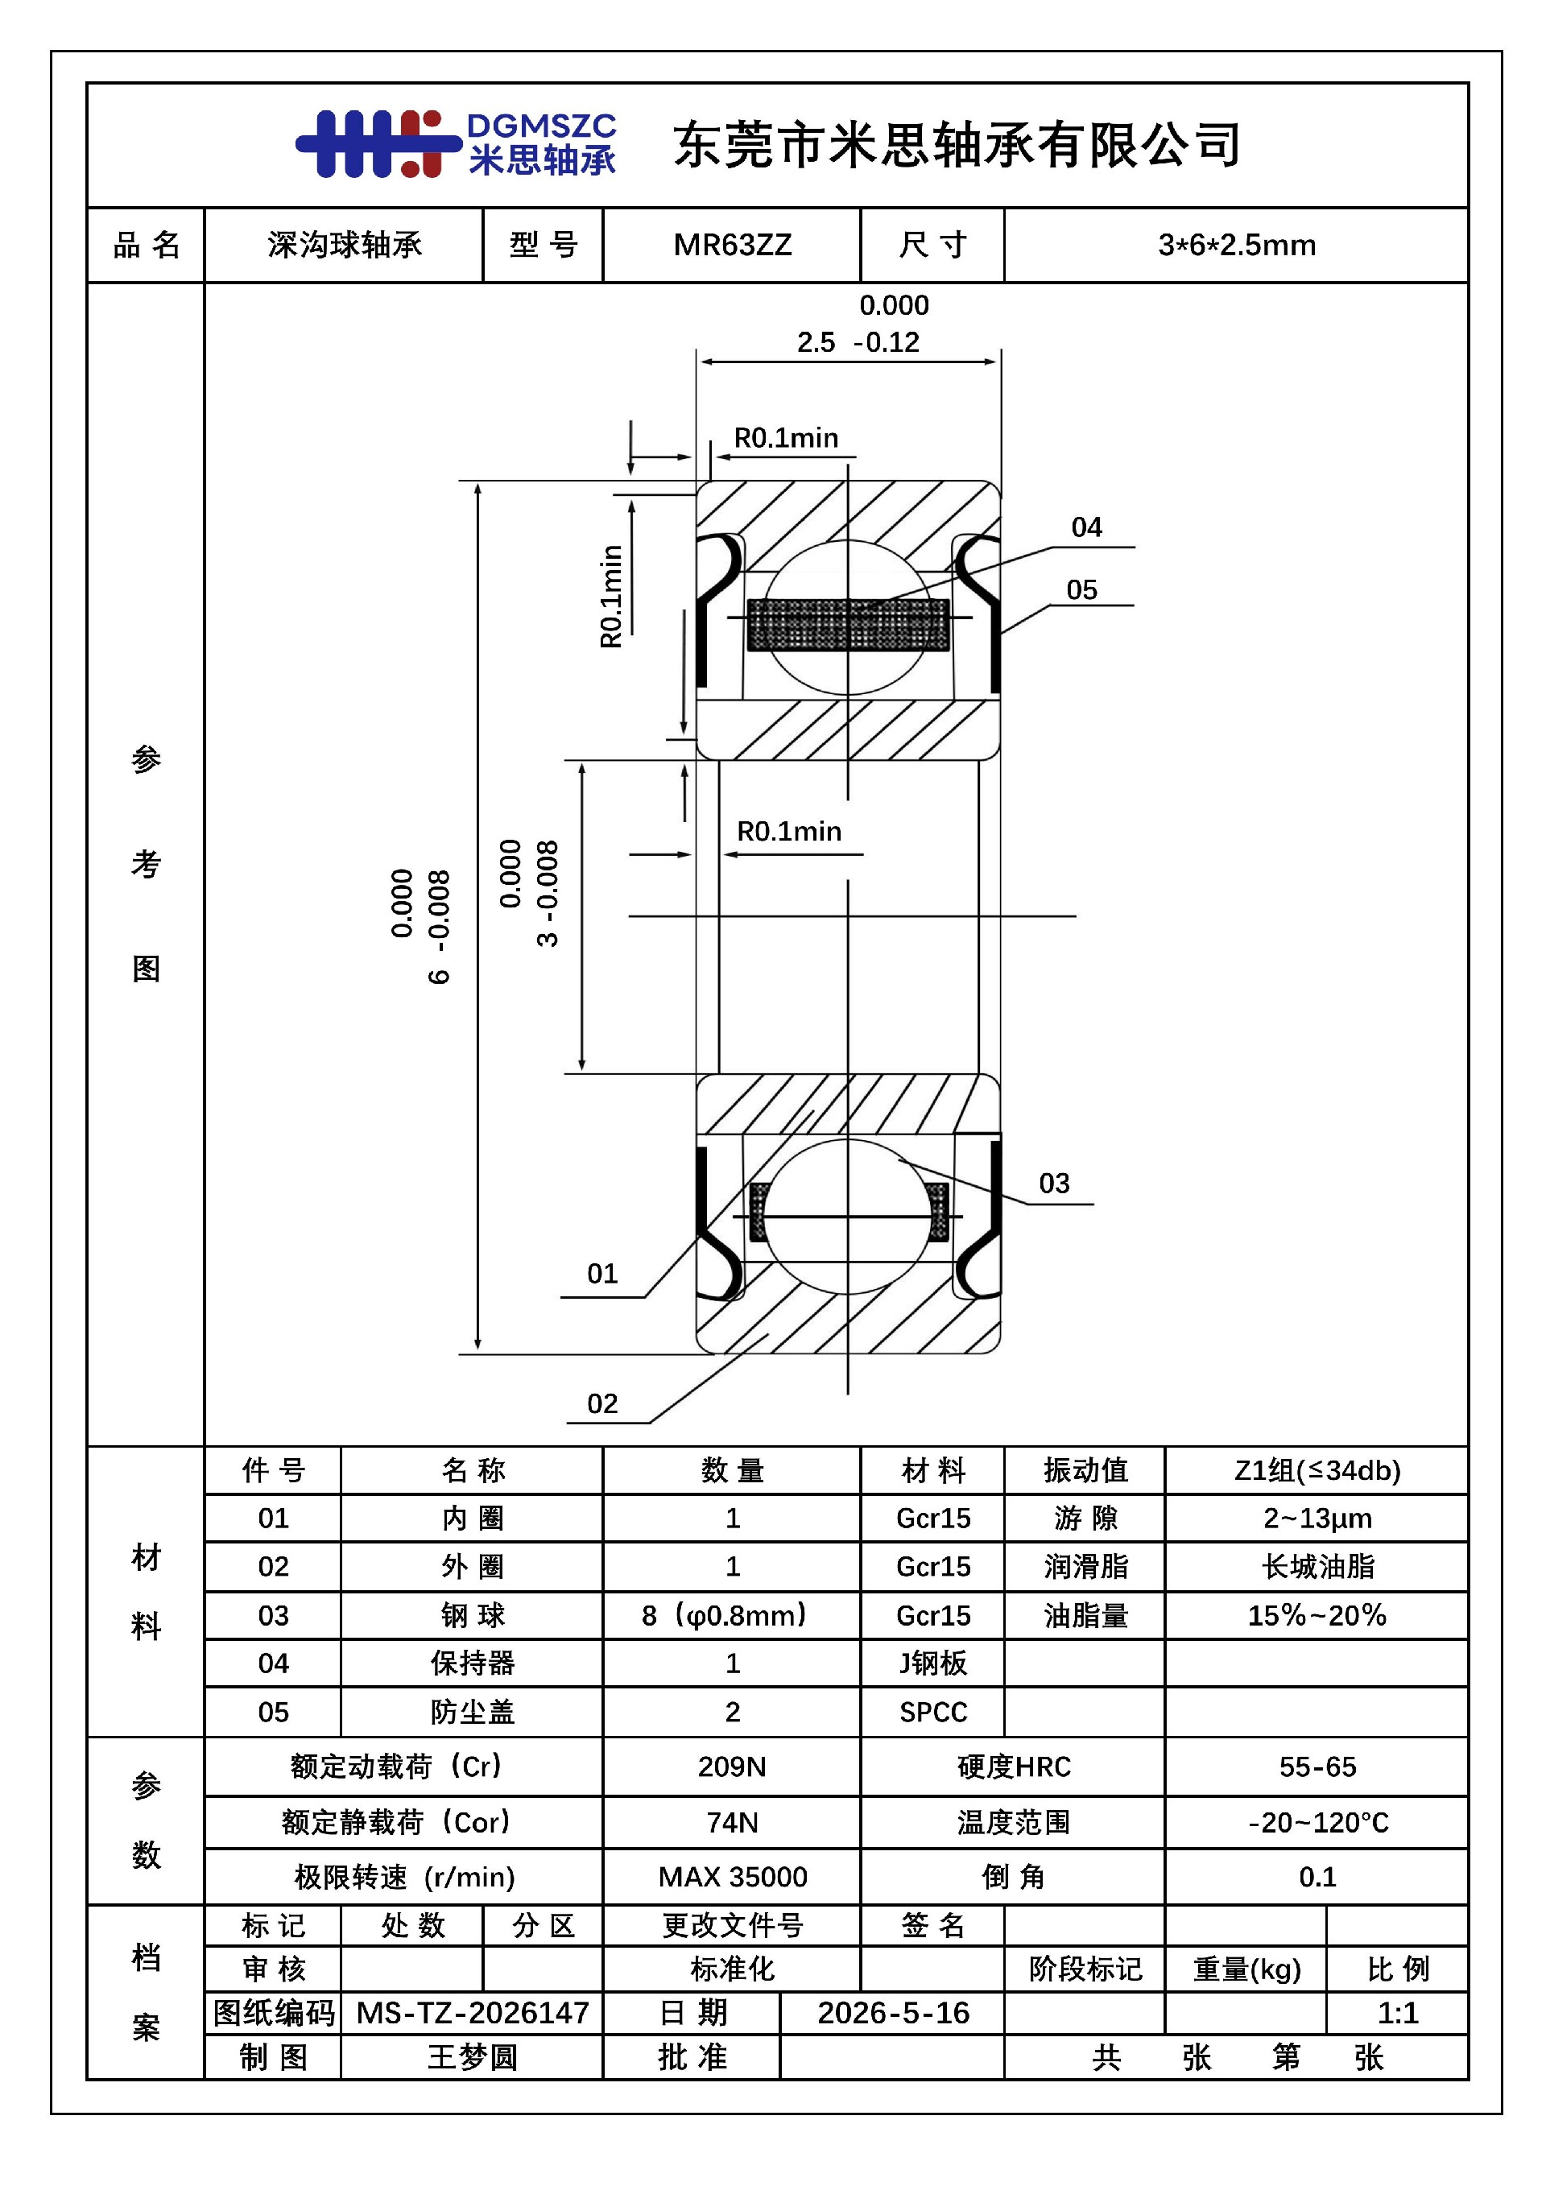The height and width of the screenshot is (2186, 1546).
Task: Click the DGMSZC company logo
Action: pyautogui.click(x=456, y=144)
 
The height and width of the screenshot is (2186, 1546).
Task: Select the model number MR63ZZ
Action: pyautogui.click(x=732, y=246)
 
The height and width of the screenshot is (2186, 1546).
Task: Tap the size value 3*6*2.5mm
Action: pyautogui.click(x=1237, y=246)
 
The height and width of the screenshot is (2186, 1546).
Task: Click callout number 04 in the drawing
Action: pyautogui.click(x=1086, y=527)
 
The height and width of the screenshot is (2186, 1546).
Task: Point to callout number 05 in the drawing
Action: pyautogui.click(x=1081, y=590)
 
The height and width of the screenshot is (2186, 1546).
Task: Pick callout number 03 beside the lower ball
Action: pyautogui.click(x=1054, y=1184)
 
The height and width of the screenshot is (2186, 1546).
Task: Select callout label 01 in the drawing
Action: pyautogui.click(x=601, y=1274)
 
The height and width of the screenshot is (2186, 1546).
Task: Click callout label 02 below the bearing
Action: pyautogui.click(x=601, y=1403)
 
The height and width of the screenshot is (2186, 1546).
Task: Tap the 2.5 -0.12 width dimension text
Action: pyautogui.click(x=858, y=342)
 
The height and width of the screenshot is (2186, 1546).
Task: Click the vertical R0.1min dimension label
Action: pyautogui.click(x=611, y=597)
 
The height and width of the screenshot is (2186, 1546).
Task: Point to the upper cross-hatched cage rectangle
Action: pyautogui.click(x=848, y=625)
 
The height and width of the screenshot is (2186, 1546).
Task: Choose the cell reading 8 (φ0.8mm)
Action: pyautogui.click(x=725, y=1616)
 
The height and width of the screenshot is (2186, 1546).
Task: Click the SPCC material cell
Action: pyautogui.click(x=933, y=1713)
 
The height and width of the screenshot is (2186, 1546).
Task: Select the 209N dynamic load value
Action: pyautogui.click(x=732, y=1767)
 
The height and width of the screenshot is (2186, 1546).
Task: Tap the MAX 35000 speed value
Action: pyautogui.click(x=732, y=1877)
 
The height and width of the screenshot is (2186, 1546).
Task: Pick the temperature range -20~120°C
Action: pyautogui.click(x=1317, y=1822)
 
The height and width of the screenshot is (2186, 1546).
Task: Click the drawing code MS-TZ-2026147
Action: pyautogui.click(x=472, y=2012)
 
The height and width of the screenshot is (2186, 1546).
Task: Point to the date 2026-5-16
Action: pyautogui.click(x=893, y=2012)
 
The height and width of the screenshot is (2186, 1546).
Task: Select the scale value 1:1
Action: pyautogui.click(x=1398, y=2012)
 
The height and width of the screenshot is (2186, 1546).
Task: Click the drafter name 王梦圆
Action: pyautogui.click(x=472, y=2057)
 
